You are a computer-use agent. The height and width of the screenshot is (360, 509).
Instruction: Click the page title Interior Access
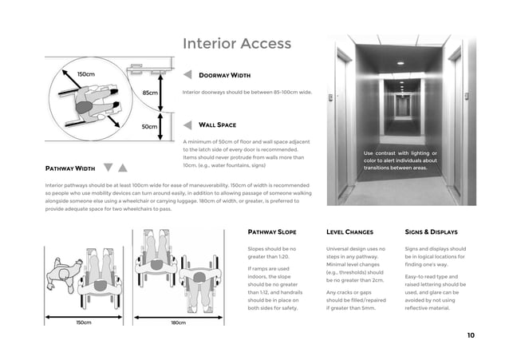[x=237, y=43]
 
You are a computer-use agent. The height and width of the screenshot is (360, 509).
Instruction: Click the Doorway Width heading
[x=224, y=76]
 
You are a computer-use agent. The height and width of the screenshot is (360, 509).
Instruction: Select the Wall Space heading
[x=217, y=125]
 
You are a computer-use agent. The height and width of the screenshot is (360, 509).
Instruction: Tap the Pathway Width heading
[x=70, y=169]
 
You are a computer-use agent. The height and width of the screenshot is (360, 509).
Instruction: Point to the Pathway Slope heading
[x=272, y=232]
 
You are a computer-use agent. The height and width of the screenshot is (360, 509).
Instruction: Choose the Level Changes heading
[x=349, y=232]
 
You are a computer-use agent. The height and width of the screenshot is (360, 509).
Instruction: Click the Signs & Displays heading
[x=431, y=232]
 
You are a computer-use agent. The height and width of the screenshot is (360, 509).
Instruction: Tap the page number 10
[x=470, y=335]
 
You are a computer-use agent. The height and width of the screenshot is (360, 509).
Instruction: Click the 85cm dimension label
[x=149, y=93]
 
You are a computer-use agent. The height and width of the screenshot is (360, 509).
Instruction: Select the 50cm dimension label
[x=149, y=126]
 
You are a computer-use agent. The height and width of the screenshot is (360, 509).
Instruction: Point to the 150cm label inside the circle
[x=85, y=74]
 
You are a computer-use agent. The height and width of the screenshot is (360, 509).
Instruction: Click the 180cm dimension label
[x=178, y=322]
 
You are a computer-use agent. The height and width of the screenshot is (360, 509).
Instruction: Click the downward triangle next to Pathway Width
[x=109, y=168]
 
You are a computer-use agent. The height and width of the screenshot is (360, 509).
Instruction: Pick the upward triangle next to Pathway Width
[x=123, y=168]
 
